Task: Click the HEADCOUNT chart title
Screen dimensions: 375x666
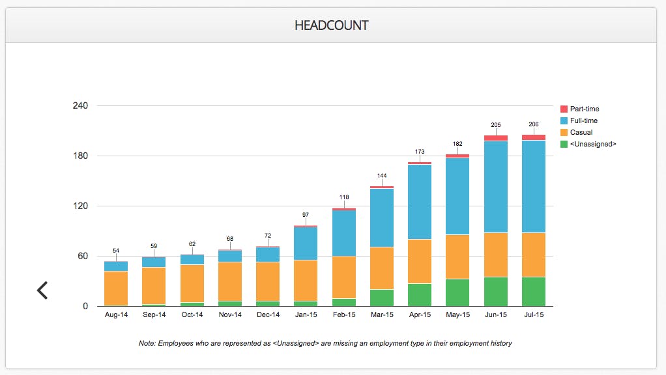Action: click(332, 25)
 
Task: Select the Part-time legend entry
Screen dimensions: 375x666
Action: click(585, 109)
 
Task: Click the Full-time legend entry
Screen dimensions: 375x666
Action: click(583, 120)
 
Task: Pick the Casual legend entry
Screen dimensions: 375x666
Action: click(581, 132)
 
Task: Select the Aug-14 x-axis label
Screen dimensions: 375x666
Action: click(116, 315)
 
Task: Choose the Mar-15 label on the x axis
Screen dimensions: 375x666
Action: click(382, 315)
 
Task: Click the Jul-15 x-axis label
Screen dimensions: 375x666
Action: click(533, 315)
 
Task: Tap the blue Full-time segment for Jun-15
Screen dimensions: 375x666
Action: click(495, 186)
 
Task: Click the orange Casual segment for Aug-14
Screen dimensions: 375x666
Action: click(116, 288)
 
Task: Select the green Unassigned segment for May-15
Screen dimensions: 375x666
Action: click(457, 292)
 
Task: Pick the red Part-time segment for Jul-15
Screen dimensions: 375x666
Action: click(533, 137)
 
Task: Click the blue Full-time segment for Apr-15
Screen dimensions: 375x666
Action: click(420, 202)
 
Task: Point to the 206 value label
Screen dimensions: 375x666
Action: click(533, 124)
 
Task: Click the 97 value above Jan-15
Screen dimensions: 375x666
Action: click(306, 215)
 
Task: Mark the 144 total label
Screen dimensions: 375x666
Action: click(382, 176)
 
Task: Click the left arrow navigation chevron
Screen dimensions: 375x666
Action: click(42, 290)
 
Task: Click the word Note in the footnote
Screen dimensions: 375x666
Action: click(147, 343)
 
